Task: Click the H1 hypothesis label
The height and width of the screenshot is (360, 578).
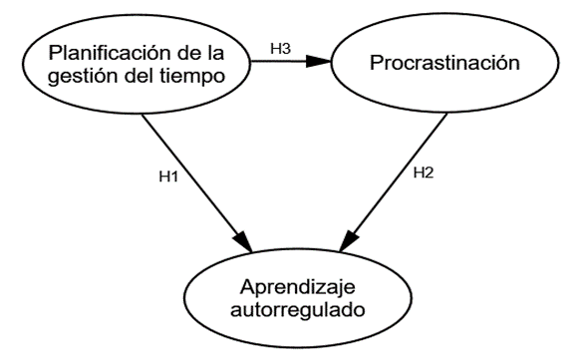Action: [168, 176]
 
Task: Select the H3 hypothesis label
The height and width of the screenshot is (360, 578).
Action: [281, 48]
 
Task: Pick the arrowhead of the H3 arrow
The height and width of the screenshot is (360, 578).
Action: [319, 62]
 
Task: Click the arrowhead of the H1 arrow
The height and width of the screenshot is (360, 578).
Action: [243, 242]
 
